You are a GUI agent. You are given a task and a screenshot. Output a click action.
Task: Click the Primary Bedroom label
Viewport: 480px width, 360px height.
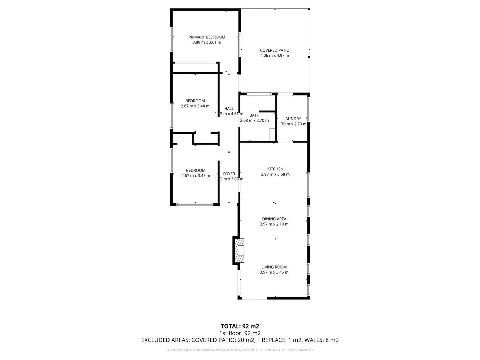(207, 37)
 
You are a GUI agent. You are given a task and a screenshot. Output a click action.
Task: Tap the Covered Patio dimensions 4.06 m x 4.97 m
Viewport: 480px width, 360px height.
(274, 56)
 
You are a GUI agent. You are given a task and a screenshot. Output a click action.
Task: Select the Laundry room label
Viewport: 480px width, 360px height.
(292, 119)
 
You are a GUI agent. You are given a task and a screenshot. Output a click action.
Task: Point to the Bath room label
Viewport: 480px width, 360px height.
(254, 115)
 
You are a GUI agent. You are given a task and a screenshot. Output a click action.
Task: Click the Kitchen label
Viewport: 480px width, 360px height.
(275, 169)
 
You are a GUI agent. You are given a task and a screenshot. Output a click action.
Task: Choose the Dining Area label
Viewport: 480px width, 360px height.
(274, 219)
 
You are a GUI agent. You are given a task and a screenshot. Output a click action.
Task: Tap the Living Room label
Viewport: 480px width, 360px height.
(274, 267)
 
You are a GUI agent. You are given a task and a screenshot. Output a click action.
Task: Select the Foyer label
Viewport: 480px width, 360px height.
(229, 174)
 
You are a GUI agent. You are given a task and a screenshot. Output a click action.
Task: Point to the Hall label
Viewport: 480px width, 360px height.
(229, 108)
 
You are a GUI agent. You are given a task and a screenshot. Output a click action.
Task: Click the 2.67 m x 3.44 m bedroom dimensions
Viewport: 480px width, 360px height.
(195, 106)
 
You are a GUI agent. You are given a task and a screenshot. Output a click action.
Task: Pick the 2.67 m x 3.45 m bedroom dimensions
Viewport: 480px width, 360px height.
(196, 176)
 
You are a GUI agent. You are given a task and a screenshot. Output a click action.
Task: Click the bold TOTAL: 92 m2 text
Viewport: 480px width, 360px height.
(240, 326)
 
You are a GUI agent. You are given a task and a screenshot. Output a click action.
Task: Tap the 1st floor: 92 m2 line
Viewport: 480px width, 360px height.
(240, 333)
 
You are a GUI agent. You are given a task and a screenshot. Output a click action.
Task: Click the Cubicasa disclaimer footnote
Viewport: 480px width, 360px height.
(240, 350)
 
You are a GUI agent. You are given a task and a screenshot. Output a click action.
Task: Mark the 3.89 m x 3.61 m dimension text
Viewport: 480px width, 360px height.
(207, 42)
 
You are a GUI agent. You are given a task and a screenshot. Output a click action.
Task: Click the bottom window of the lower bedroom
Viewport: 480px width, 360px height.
(194, 204)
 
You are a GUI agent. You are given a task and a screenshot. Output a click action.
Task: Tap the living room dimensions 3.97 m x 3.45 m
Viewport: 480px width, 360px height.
(274, 272)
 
